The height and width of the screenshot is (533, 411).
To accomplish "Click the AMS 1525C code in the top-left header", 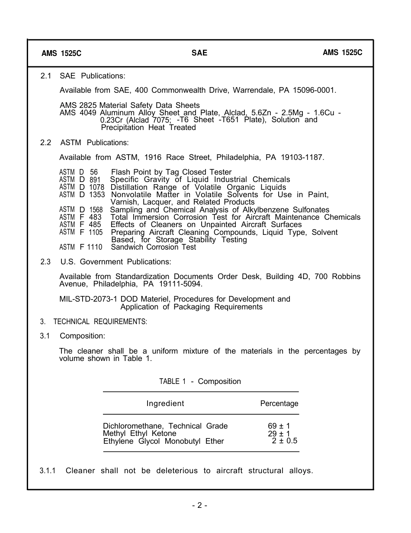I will (61, 54).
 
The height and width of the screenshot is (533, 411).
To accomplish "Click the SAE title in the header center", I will (199, 53).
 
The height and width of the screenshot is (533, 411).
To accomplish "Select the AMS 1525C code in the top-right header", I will (343, 52).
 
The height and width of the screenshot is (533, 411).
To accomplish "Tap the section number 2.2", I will (46, 143).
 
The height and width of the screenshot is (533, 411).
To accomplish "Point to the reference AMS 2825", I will (78, 105).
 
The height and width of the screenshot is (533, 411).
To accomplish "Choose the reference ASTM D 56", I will (78, 172).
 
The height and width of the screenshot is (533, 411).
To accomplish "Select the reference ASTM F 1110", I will (81, 247).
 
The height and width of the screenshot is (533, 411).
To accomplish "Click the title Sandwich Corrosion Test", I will (154, 247).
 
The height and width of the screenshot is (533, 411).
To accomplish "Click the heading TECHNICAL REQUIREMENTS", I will (100, 322).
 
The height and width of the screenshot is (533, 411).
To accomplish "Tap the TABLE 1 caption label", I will (172, 381).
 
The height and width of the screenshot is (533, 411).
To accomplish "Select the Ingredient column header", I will (165, 403).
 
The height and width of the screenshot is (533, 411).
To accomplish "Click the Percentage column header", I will (279, 403).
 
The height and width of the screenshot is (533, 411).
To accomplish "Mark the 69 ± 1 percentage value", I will (279, 426).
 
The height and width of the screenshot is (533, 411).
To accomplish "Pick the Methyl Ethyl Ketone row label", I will (140, 433).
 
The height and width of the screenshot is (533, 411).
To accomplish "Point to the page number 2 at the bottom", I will (199, 505).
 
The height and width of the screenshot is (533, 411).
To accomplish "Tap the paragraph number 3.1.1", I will (48, 471).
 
